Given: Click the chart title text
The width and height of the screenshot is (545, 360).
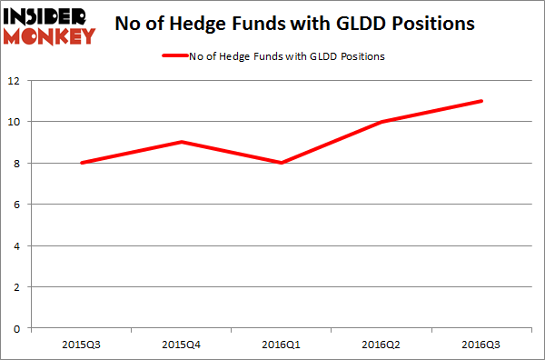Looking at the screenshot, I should pos(295,25).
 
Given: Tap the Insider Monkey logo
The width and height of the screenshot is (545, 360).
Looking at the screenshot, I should pos(49,25).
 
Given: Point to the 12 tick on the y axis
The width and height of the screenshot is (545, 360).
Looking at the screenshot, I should pos(16,80).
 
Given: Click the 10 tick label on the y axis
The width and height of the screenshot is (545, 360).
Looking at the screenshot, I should pos(16,122).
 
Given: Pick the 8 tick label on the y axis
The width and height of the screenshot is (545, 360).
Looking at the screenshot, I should pos(19,163).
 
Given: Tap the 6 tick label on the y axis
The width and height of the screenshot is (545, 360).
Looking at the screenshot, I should pos(19,205).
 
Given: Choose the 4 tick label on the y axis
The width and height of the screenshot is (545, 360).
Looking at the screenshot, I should pos(19,245).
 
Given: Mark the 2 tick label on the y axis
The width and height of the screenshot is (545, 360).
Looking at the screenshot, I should pos(19,287).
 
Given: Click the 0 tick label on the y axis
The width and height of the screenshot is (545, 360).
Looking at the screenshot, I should pos(19,328).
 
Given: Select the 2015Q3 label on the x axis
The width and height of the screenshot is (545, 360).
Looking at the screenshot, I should pos(83,345).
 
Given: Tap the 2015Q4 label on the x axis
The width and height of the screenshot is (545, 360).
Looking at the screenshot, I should pos(182,345).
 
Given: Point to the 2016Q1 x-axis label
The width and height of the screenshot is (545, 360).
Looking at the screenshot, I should pos(282,345).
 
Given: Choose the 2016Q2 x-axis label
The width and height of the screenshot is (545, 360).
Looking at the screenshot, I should pos(381,345).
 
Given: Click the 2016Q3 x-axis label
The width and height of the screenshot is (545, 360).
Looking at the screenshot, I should pos(481,345).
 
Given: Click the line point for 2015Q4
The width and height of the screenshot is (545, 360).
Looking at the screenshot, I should pos(182,142).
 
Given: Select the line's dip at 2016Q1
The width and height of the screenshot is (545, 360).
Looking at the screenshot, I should pos(282,163).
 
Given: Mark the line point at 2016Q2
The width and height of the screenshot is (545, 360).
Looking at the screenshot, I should pos(381,122).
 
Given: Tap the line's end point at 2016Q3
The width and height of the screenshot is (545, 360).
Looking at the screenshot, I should pos(481,101).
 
